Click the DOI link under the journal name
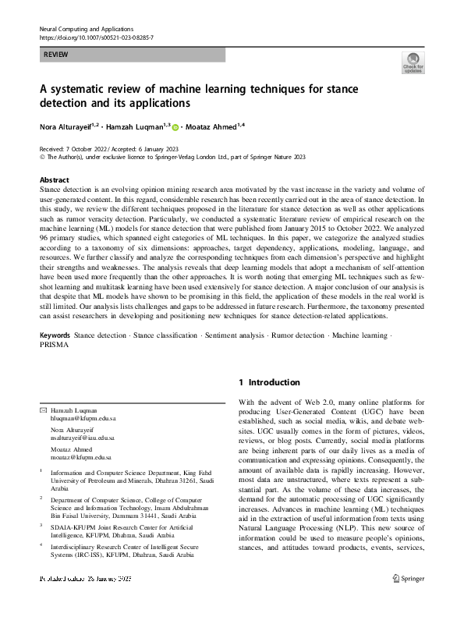[x=96, y=37]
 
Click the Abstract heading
[x=54, y=179]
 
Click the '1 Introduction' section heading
[x=269, y=382]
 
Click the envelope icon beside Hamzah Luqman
[x=43, y=410]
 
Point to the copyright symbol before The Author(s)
[x=42, y=156]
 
